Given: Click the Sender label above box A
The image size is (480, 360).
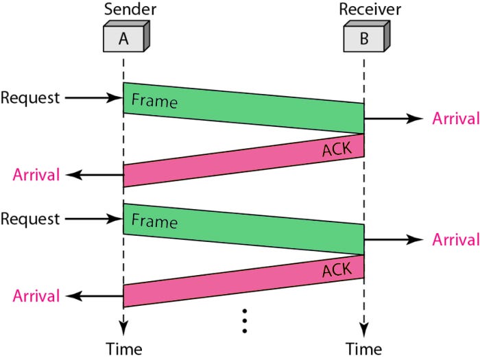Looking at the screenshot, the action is click(x=130, y=9).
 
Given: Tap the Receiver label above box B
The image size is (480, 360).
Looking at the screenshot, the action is click(x=370, y=9).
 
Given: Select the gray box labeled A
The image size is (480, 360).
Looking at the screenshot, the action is click(x=126, y=36).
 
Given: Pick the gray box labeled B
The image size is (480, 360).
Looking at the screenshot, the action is click(x=367, y=36).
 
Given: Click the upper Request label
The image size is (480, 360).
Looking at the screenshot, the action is click(x=30, y=98).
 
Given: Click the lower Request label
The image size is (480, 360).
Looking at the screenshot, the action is click(x=30, y=219).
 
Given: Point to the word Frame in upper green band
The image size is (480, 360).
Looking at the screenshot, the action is click(x=154, y=101).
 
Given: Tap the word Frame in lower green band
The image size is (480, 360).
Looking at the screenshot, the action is click(x=154, y=221).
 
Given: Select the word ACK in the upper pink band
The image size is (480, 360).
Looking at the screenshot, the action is click(x=337, y=149).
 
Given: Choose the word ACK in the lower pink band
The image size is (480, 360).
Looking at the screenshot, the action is click(x=337, y=270).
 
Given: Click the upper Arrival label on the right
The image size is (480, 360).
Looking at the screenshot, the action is click(x=456, y=119).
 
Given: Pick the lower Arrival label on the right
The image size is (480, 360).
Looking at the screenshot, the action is click(x=456, y=239).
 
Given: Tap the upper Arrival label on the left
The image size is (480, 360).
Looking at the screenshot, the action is click(x=36, y=175).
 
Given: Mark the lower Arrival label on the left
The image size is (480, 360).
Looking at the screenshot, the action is click(x=36, y=296).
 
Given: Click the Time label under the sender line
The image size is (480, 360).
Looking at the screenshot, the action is click(x=124, y=349).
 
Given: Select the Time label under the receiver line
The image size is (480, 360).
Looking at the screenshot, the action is click(x=364, y=349).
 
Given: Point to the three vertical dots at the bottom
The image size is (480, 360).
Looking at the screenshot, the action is click(x=245, y=321).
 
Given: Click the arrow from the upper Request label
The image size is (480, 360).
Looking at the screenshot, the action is click(x=94, y=98).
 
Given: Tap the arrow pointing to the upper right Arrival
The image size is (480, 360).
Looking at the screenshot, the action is click(x=394, y=119).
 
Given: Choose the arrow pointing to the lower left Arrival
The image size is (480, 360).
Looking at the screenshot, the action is click(x=95, y=296).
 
